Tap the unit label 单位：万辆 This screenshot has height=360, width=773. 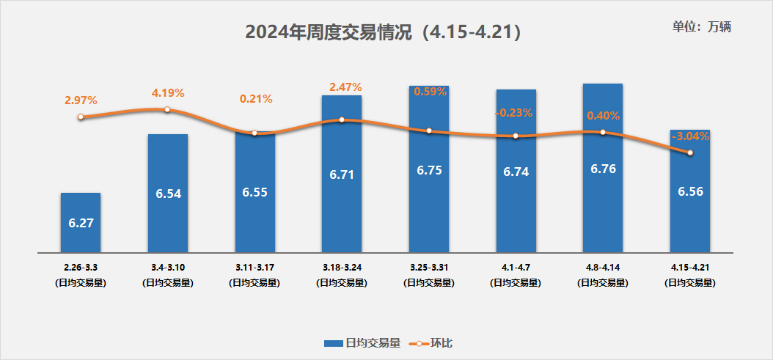point(702,27)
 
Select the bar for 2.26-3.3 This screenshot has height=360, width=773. point(81,223)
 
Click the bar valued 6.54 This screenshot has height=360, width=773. point(168,194)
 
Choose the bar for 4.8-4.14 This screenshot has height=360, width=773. point(603,169)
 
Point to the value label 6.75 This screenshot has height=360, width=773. point(429,169)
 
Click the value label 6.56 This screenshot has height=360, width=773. point(690,191)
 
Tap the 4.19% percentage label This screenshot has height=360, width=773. point(168,93)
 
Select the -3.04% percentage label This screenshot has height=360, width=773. point(690,136)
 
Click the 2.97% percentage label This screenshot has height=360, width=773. point(81,100)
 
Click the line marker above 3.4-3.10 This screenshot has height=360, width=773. point(167,109)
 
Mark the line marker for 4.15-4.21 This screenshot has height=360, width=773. point(690,153)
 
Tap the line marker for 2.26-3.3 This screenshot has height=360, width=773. point(81,117)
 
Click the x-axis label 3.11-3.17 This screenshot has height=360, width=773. point(254,268)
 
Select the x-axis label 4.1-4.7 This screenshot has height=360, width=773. point(516,268)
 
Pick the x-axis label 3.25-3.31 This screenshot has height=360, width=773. point(429,268)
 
